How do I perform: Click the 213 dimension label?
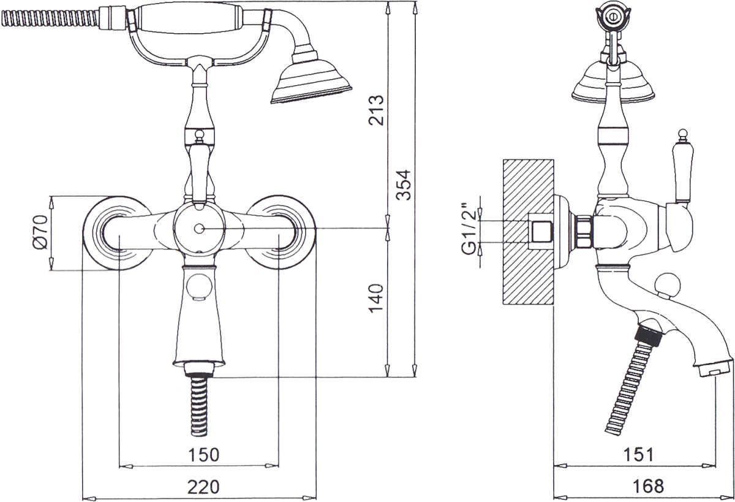point(376,110)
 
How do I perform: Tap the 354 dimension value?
point(403,185)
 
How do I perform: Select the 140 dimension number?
point(376,299)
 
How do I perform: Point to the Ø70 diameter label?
point(40,232)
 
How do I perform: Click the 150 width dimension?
point(203,455)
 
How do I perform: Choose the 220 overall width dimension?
point(203,487)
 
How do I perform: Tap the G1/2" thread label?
point(469,229)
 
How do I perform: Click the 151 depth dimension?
point(638,455)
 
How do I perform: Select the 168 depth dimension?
point(649,487)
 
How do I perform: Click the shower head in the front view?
point(311,80)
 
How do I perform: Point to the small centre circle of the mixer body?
point(199,229)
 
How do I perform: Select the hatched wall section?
point(528,232)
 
